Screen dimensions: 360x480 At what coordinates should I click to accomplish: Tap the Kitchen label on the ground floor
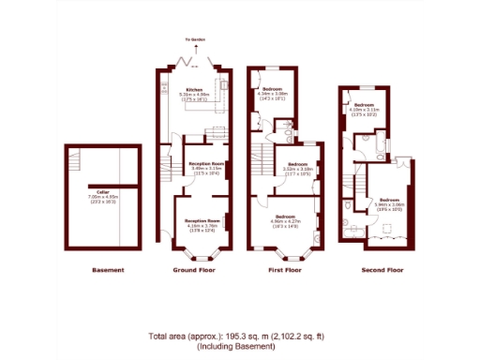click(194, 90)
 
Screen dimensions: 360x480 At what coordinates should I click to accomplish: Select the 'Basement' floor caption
click(108, 271)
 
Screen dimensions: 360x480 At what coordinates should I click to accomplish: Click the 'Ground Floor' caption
click(195, 271)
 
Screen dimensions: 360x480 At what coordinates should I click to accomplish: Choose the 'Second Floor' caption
click(382, 271)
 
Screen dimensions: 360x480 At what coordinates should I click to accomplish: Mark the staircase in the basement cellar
click(101, 158)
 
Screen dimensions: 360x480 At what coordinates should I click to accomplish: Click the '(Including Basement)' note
click(240, 347)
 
